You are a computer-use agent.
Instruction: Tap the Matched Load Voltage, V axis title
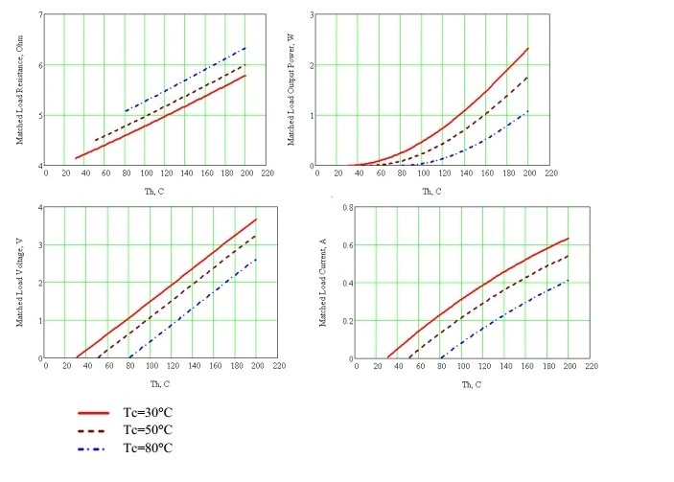pyautogui.click(x=19, y=283)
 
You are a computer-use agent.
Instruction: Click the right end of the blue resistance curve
pyautogui.click(x=246, y=47)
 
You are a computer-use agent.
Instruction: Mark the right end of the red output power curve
pyautogui.click(x=528, y=48)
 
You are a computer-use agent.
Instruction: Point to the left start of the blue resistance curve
pyautogui.click(x=125, y=110)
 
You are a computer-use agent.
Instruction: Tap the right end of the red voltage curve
pyautogui.click(x=256, y=218)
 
